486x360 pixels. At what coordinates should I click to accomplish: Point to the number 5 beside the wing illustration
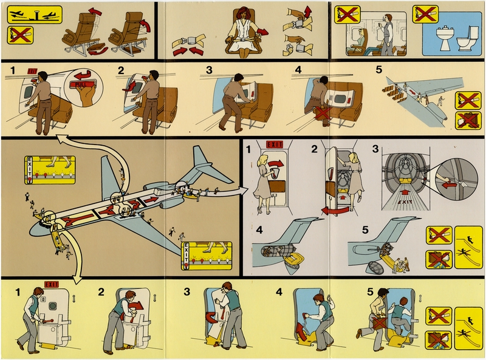[x=380, y=69]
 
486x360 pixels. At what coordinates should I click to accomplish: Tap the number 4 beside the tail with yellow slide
[x=259, y=230]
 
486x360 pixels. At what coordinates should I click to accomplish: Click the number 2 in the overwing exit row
[x=121, y=70]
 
